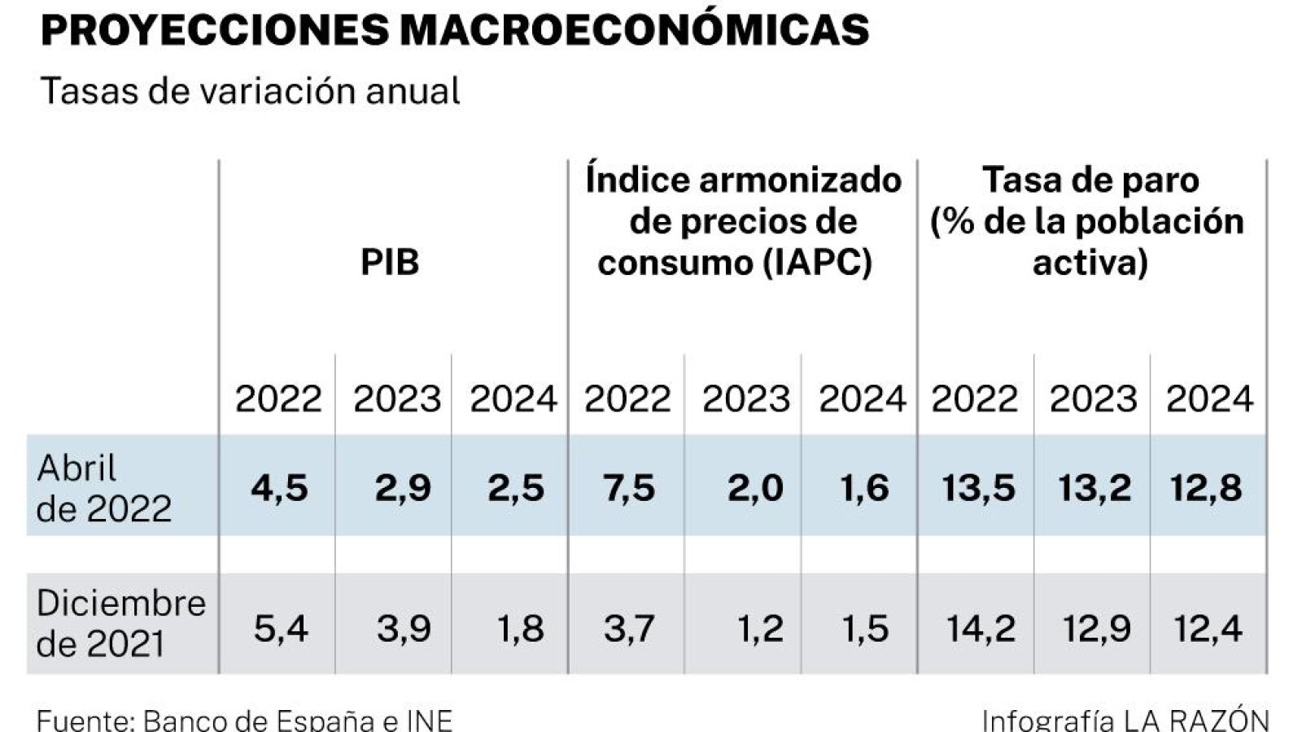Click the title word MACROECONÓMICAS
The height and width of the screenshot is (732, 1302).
click(635, 31)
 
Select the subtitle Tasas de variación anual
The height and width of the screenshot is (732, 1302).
click(250, 91)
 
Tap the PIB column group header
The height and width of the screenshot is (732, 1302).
click(390, 263)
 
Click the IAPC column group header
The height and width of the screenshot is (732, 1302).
click(742, 221)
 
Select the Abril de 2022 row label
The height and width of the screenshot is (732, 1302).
click(104, 488)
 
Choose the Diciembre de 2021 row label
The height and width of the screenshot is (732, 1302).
click(120, 623)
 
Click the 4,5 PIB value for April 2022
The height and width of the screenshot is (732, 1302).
click(279, 488)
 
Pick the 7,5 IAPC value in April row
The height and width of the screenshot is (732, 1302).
click(628, 488)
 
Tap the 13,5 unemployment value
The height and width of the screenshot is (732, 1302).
click(978, 488)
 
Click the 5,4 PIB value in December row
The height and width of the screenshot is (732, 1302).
click(280, 629)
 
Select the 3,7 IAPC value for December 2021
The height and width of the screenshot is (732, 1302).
click(628, 629)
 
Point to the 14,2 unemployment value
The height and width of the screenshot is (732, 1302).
click(980, 629)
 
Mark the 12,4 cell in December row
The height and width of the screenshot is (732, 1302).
click(1208, 629)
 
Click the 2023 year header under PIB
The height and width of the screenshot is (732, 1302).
click(396, 399)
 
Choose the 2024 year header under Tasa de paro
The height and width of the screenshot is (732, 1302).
click(1209, 399)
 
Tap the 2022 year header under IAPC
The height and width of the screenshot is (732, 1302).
click(627, 399)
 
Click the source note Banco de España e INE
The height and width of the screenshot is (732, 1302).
click(244, 720)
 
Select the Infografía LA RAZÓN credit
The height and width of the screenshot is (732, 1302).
click(1125, 720)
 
